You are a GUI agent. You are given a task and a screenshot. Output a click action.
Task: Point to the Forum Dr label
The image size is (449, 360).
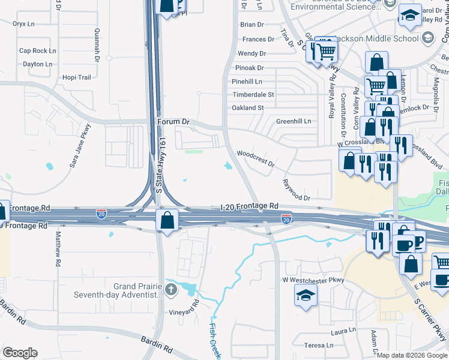click(173, 122)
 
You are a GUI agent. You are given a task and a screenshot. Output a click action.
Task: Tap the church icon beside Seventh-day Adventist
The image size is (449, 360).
click(171, 291)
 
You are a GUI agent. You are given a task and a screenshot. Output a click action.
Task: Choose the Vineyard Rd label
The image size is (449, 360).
click(184, 311)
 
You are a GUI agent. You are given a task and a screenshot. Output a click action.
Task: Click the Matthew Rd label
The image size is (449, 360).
click(59, 250)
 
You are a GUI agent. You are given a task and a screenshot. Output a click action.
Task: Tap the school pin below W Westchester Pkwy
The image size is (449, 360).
click(306, 295)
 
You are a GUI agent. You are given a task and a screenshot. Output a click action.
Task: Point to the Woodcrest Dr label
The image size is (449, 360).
click(256, 159)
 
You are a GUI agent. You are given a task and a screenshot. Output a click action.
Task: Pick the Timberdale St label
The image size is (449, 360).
click(253, 95)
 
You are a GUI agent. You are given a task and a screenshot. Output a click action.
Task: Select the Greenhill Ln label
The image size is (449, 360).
click(294, 121)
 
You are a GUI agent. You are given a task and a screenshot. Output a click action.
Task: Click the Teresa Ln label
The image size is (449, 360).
click(318, 345)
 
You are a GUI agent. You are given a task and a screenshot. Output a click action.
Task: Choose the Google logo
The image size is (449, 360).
click(20, 353)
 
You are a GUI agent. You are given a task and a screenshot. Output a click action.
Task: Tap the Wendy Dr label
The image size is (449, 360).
click(252, 54)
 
